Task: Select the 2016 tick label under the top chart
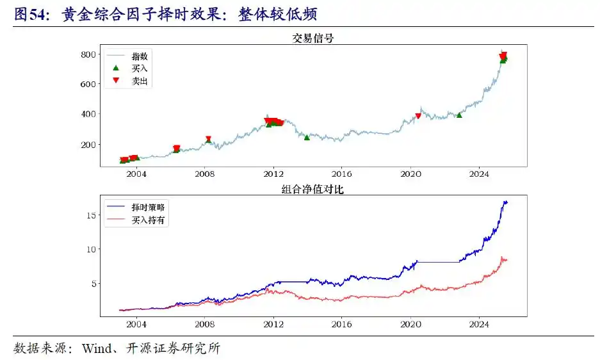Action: pyautogui.click(x=342, y=174)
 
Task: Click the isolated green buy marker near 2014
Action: pyautogui.click(x=307, y=138)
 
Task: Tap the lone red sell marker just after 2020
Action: pyautogui.click(x=418, y=116)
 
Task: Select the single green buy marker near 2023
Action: pyautogui.click(x=459, y=115)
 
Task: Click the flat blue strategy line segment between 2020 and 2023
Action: pyautogui.click(x=439, y=261)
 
